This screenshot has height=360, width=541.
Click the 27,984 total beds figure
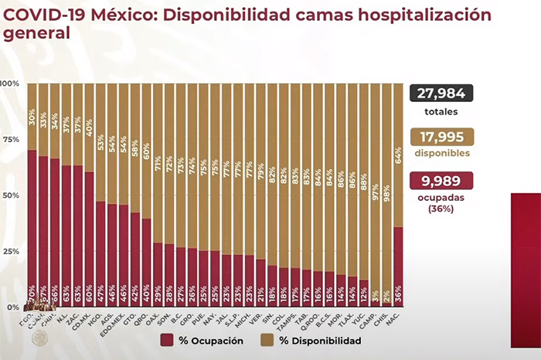click(x=441, y=93)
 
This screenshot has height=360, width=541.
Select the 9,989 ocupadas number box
click(x=441, y=182)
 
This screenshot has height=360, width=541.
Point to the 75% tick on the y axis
click(x=10, y=139)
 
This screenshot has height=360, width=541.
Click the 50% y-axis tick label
click(x=10, y=195)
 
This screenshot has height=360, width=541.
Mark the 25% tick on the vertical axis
click(x=10, y=251)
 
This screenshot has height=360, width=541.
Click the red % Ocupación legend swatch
click(x=167, y=341)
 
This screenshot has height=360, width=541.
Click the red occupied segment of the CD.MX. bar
click(x=89, y=239)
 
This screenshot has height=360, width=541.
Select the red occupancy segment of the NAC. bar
click(x=398, y=267)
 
